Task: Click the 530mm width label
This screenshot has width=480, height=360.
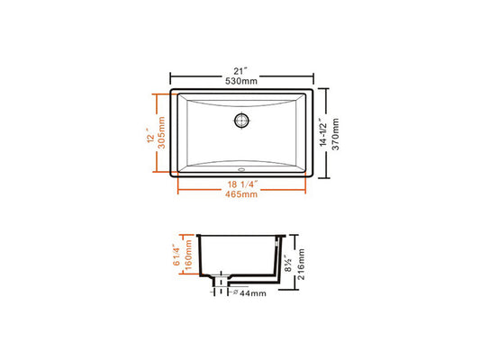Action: (241, 81)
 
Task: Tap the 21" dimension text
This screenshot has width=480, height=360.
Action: (240, 71)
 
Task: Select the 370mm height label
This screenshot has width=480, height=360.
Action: (336, 134)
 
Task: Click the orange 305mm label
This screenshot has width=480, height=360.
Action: (161, 132)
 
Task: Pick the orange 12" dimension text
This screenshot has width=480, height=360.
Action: (150, 138)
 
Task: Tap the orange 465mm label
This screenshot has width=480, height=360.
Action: (241, 194)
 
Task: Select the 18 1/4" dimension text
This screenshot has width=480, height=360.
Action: (242, 184)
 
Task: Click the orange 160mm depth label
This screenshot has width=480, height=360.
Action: (188, 255)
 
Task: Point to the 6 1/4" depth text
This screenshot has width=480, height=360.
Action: (177, 255)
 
